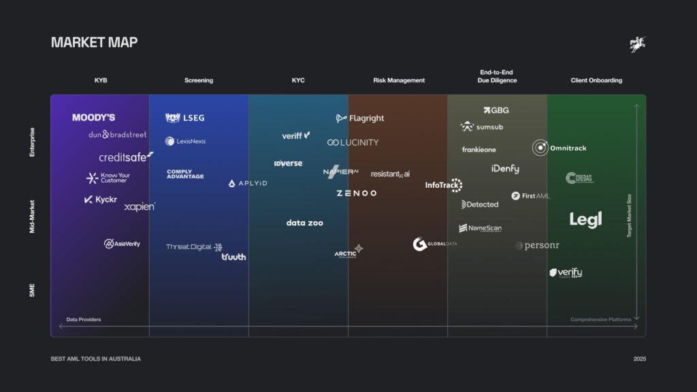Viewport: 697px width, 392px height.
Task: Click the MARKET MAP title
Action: click(94, 42)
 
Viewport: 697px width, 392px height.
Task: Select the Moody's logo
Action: click(94, 118)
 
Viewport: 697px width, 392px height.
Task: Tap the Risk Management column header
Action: click(399, 80)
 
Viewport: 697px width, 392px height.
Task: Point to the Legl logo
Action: click(585, 220)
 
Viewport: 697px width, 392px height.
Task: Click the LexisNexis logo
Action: click(185, 142)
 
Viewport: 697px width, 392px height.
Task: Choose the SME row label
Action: click(32, 291)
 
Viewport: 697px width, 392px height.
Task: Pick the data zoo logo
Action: click(305, 223)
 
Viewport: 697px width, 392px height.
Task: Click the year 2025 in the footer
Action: click(639, 359)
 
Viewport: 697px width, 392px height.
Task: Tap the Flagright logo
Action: click(360, 118)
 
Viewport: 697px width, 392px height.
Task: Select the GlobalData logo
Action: click(434, 244)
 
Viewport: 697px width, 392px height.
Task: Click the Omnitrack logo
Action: click(559, 148)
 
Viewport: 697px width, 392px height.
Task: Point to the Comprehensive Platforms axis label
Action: click(600, 319)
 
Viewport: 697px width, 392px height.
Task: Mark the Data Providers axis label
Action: click(84, 319)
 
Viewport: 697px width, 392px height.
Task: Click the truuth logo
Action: click(233, 257)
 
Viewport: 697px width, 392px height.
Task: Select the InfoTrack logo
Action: click(444, 184)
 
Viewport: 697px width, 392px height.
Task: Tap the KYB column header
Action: click(101, 80)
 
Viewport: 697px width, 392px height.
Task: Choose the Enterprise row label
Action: click(32, 142)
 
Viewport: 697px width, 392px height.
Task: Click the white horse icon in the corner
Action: click(637, 45)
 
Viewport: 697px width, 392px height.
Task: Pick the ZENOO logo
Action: click(356, 193)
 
